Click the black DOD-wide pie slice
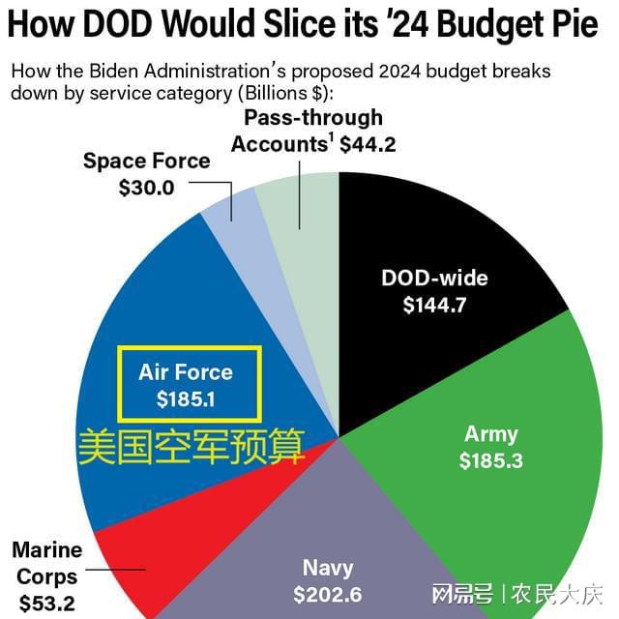435,242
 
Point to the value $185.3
491,461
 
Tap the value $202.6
327,595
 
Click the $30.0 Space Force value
146,188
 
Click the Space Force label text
146,161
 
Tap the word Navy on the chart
327,568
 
